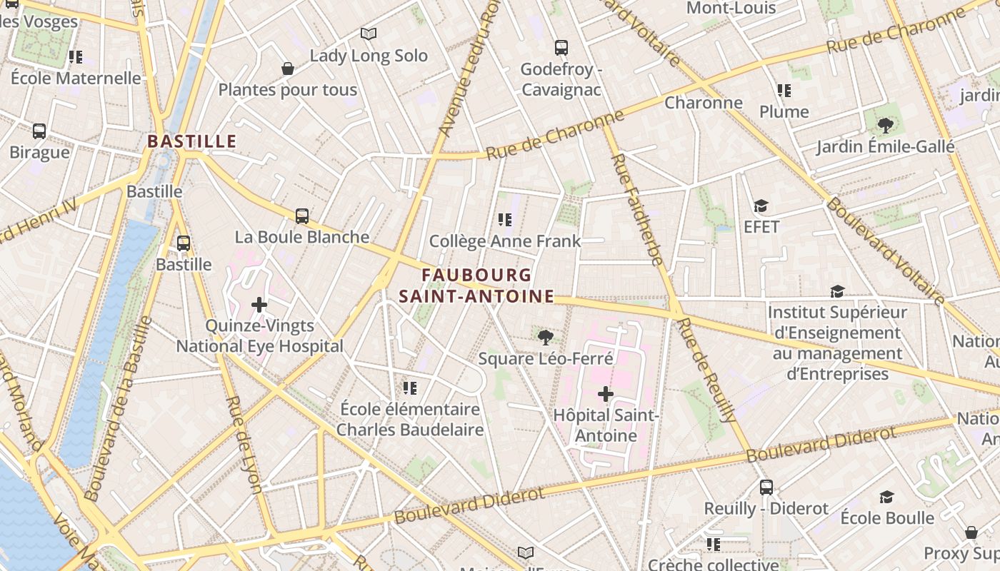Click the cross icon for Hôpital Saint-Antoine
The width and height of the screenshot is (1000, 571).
[x=606, y=393]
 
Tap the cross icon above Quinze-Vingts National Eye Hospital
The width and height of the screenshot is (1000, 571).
[x=259, y=305]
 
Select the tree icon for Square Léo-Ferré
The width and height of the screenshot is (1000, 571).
[x=546, y=337]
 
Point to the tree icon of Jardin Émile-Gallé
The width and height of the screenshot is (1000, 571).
[x=886, y=126]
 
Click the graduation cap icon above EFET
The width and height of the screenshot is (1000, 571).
[x=761, y=206]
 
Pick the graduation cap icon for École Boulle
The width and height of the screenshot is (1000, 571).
[x=886, y=497]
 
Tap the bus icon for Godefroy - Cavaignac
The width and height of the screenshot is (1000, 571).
[x=561, y=48]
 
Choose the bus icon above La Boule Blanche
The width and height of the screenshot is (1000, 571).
[x=302, y=216]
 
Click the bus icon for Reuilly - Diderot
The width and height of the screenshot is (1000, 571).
[x=766, y=487]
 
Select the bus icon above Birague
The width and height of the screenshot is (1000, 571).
[x=39, y=131]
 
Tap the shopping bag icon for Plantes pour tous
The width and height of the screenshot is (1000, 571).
[x=288, y=69]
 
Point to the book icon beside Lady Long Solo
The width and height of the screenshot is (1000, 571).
[x=369, y=34]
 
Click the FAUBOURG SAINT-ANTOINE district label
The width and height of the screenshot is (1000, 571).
[x=476, y=285]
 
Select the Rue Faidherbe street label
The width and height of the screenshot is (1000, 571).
[x=639, y=211]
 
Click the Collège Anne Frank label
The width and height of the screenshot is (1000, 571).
[x=506, y=241]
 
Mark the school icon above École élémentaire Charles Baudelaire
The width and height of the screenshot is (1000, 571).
[x=409, y=388]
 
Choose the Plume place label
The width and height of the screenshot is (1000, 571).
[x=784, y=111]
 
